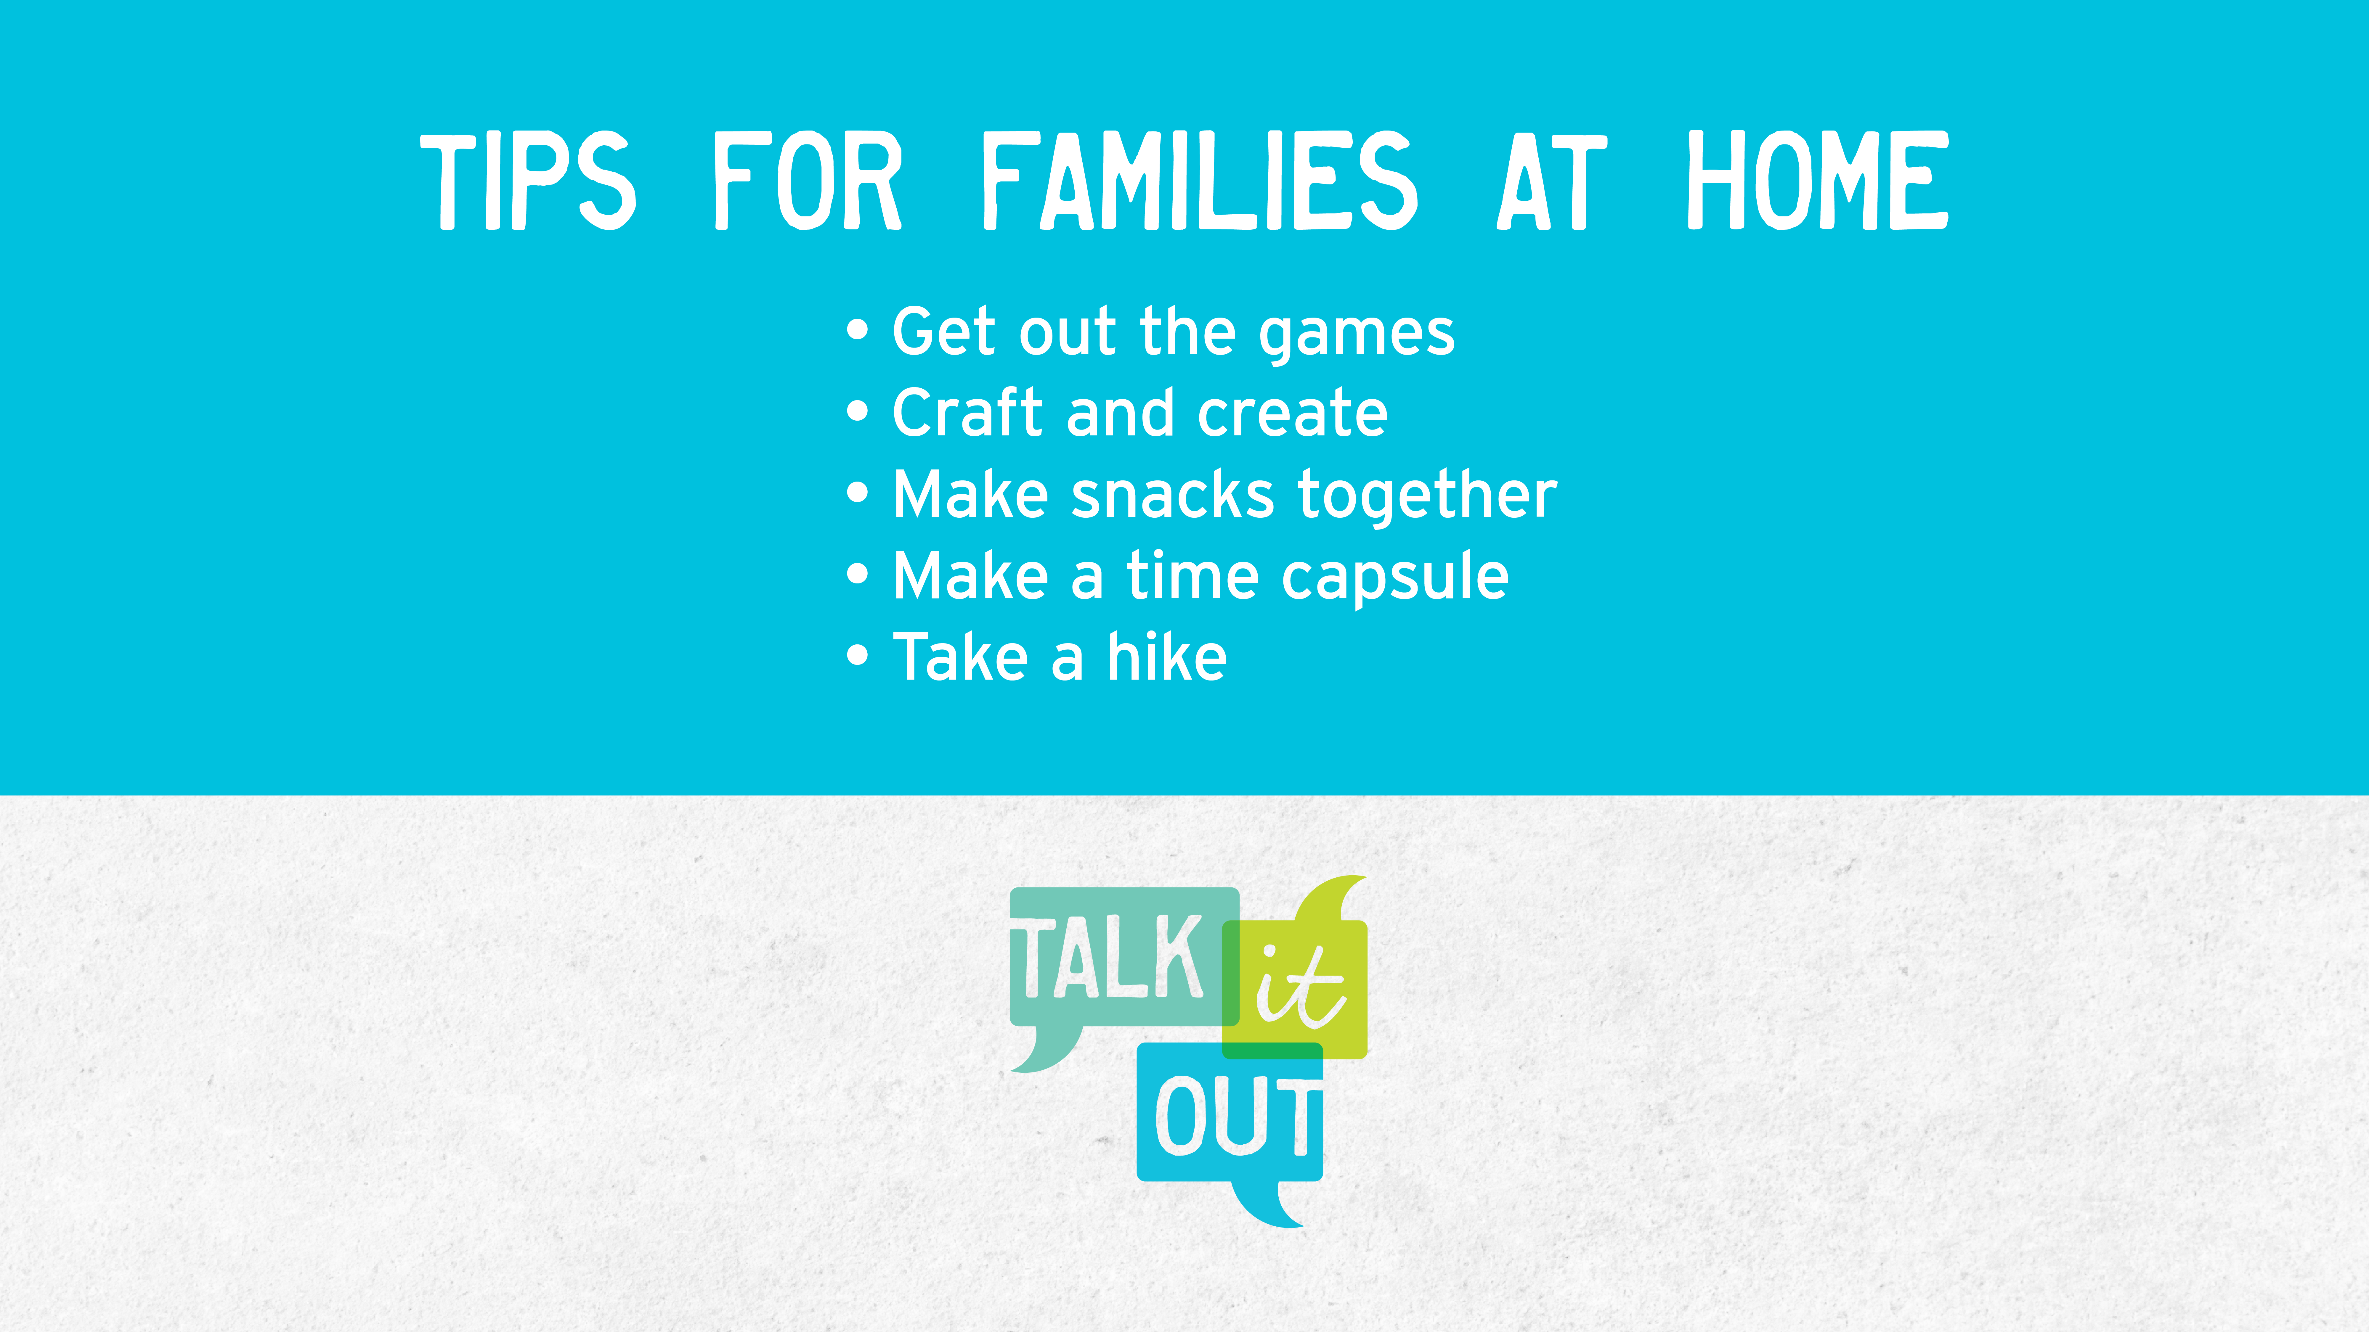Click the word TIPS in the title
tap(528, 180)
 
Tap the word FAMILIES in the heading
tap(1199, 180)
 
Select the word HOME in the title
tap(1817, 180)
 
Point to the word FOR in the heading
tap(807, 180)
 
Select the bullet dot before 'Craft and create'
tap(857, 412)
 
